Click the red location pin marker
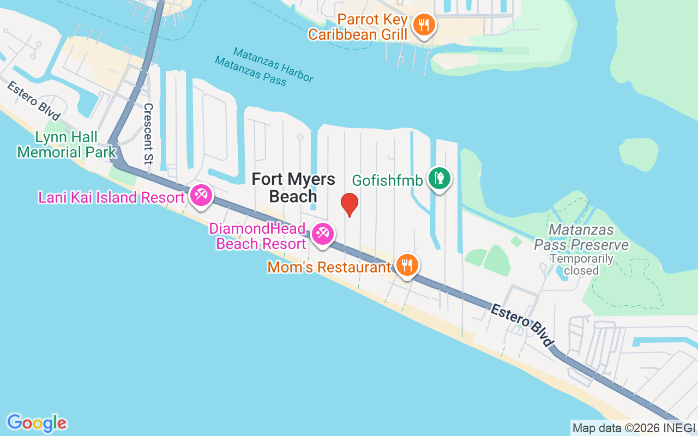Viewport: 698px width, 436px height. click(x=349, y=204)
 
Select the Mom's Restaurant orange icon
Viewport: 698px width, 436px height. click(x=406, y=265)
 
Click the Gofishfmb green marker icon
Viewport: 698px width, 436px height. click(x=439, y=178)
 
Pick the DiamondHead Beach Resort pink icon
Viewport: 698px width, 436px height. click(x=322, y=234)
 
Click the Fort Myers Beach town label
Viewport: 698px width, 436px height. click(x=293, y=187)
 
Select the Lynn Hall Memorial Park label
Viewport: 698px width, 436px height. click(x=67, y=144)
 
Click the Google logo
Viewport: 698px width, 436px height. click(x=37, y=423)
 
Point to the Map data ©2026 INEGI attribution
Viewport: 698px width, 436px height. click(x=634, y=428)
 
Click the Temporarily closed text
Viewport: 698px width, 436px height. click(x=581, y=264)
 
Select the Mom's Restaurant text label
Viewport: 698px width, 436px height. click(x=329, y=268)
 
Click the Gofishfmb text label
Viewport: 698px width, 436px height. click(x=388, y=180)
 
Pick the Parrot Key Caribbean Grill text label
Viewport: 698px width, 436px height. click(x=358, y=27)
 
